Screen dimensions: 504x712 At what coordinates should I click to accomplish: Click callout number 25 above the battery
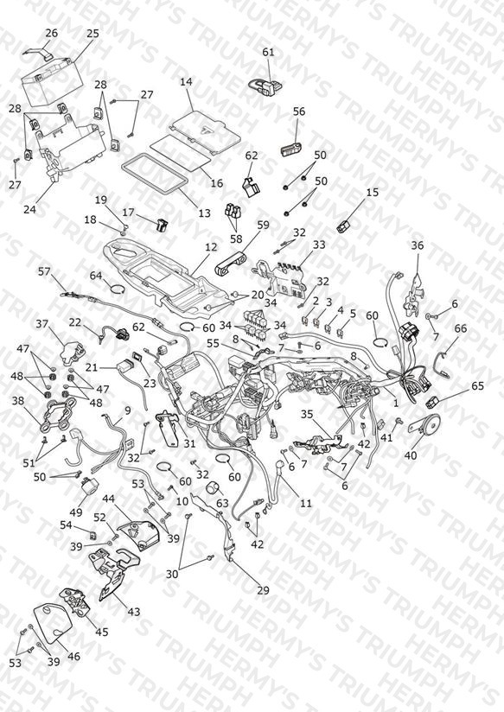point(93,33)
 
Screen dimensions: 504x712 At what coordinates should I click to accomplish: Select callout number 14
point(186,82)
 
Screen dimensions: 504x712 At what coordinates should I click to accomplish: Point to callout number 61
point(269,52)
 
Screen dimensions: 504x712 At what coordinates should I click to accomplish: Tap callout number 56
point(299,111)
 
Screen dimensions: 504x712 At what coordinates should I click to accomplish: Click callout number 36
point(418,245)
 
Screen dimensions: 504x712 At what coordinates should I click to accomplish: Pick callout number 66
point(461,327)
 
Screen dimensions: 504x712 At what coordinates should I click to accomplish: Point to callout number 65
point(478,386)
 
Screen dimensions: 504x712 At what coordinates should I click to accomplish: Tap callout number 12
point(211,247)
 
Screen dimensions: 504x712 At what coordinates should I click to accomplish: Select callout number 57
point(44,271)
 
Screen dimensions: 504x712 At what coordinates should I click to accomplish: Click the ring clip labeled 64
point(117,289)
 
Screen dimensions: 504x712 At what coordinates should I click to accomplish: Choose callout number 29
point(263,590)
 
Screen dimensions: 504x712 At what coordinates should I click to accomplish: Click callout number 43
point(133,612)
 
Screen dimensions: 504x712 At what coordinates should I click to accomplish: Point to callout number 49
point(76,512)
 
